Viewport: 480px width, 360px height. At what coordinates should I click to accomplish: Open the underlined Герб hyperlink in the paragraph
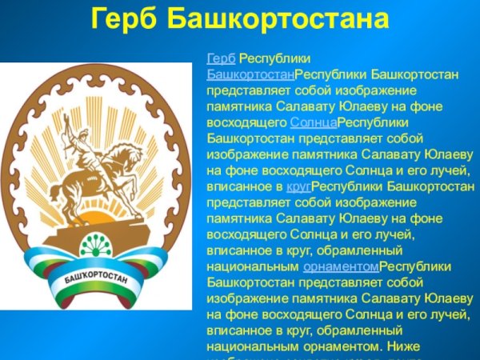(x=221, y=59)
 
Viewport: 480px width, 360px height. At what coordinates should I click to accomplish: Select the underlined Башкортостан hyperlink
(x=250, y=74)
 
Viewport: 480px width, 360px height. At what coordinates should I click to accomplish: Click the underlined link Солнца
(x=314, y=122)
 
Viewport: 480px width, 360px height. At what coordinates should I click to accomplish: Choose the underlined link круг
(x=298, y=186)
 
